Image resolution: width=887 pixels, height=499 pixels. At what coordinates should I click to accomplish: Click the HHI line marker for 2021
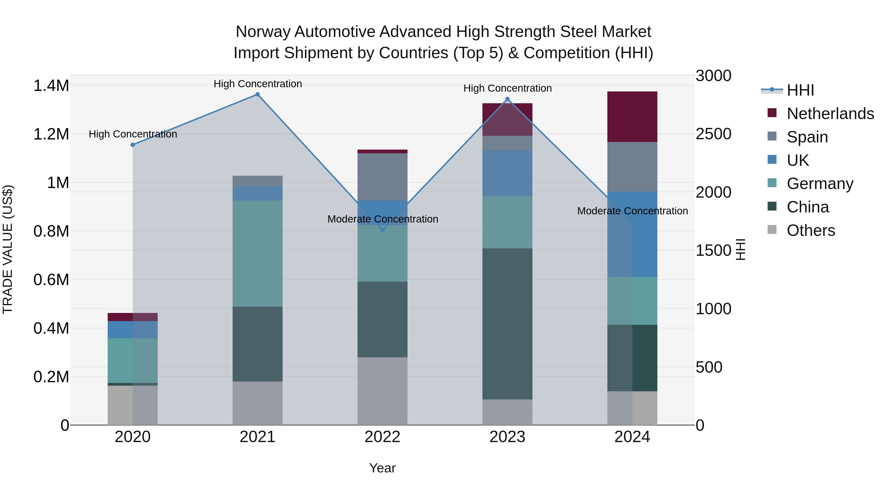click(257, 94)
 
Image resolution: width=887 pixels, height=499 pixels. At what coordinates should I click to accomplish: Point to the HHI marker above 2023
click(507, 99)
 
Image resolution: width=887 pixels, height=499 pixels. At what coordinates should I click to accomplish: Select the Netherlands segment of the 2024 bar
click(632, 117)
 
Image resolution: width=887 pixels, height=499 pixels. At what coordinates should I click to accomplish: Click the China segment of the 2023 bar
click(507, 324)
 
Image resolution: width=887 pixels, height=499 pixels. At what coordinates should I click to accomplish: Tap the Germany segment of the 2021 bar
click(257, 254)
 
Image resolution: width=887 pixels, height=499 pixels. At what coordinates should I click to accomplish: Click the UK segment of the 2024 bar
click(632, 234)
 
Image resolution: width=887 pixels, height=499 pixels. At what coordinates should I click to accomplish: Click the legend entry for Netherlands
click(830, 114)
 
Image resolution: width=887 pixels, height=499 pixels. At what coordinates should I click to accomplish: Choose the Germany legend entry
click(819, 184)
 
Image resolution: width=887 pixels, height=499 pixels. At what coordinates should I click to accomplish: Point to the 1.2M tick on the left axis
click(51, 134)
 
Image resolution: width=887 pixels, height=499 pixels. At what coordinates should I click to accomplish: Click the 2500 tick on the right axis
click(713, 134)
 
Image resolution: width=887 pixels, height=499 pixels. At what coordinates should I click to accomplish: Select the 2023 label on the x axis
click(507, 437)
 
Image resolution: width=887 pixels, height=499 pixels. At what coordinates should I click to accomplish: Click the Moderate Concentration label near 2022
click(383, 219)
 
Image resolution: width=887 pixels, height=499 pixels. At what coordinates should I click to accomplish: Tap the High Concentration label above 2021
click(257, 84)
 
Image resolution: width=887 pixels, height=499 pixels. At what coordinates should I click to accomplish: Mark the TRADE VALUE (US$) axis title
click(8, 249)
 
